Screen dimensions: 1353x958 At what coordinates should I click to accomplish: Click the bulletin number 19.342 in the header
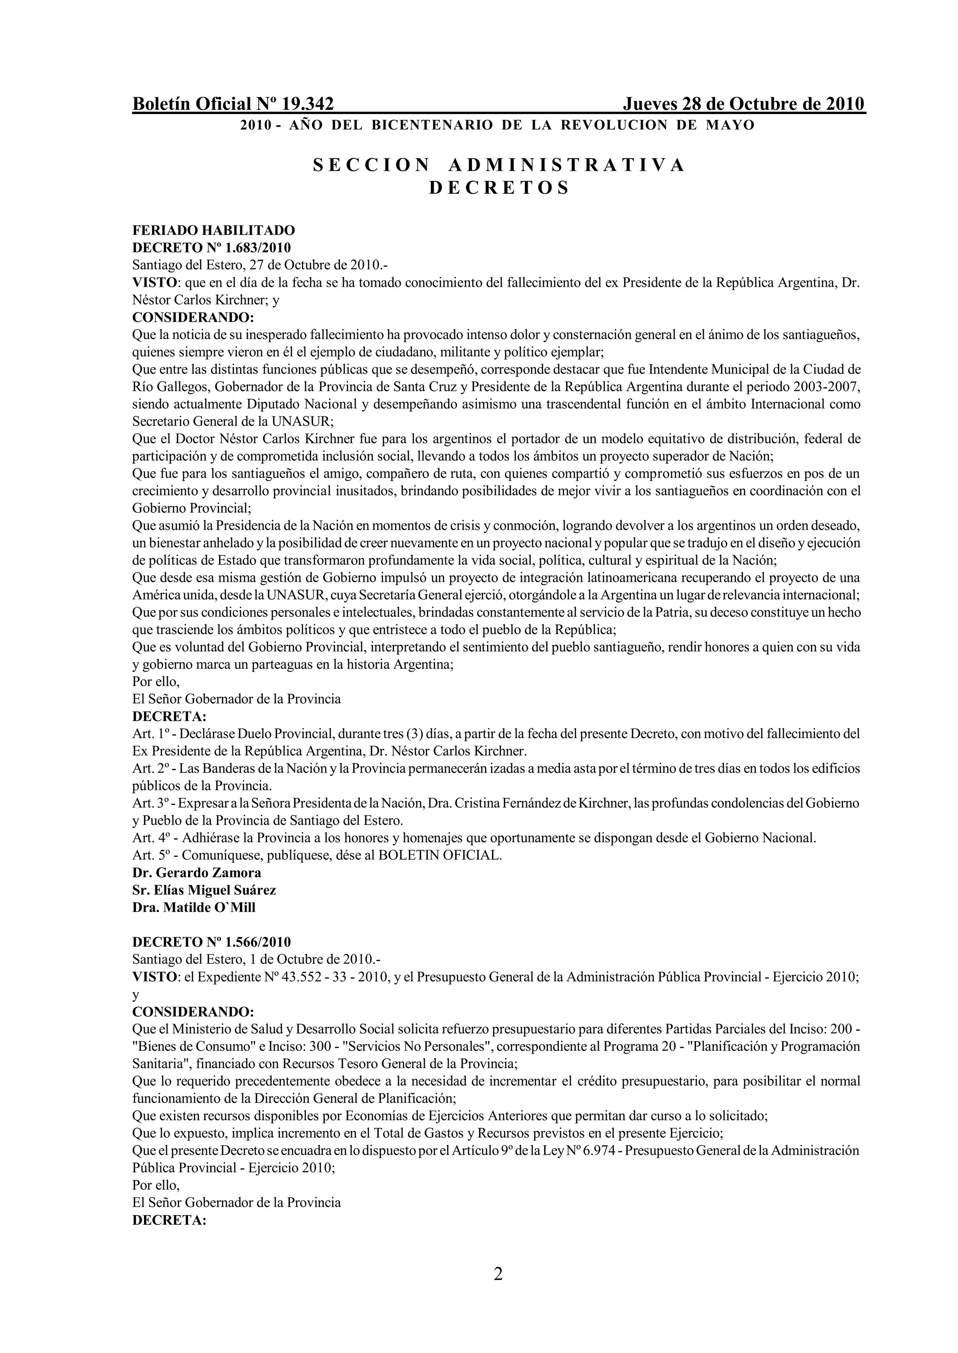click(x=307, y=104)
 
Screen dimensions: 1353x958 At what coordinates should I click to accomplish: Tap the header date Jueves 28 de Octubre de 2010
click(x=743, y=104)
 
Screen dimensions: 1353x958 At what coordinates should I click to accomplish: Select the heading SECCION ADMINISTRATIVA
click(x=499, y=165)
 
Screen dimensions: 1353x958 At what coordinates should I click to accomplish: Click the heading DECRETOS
click(x=499, y=188)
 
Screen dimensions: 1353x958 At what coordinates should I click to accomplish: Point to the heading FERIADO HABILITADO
click(x=214, y=230)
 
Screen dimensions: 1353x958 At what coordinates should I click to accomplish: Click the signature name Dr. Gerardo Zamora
click(x=197, y=872)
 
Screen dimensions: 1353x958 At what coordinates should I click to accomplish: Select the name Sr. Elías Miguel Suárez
click(x=204, y=890)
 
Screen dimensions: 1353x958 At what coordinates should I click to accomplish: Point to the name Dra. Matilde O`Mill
click(x=194, y=908)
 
